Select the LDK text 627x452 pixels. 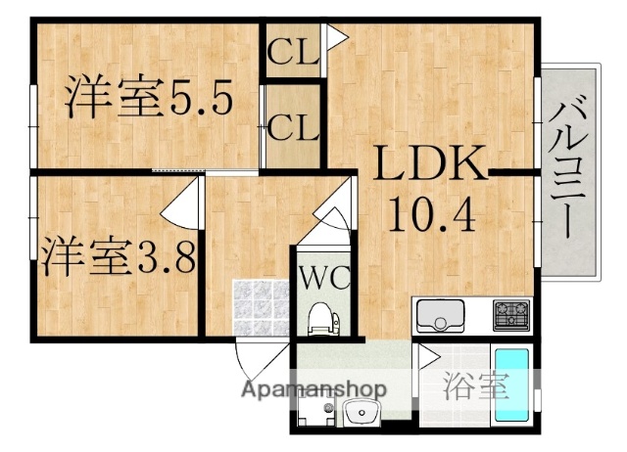427,166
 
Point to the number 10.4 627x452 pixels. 431,212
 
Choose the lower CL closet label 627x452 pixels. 293,126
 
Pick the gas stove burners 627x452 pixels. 510,315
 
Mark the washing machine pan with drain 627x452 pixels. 314,411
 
